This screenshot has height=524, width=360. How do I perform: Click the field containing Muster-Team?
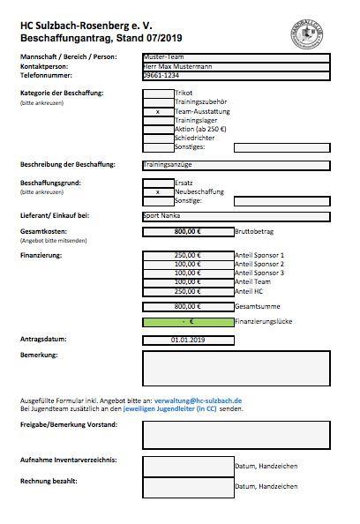[x=236, y=57]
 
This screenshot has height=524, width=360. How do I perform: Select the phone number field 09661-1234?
[x=236, y=76]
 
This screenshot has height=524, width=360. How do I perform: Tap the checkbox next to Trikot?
[x=158, y=93]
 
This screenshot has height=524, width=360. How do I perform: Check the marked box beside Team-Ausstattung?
[x=158, y=112]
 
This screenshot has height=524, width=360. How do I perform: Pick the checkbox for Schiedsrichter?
[x=158, y=138]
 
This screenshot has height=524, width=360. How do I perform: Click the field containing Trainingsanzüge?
[x=236, y=164]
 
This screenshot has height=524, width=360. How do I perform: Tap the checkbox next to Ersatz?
[x=158, y=182]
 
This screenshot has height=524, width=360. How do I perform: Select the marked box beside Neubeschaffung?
[x=158, y=191]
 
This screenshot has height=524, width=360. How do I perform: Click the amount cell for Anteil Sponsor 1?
[x=187, y=255]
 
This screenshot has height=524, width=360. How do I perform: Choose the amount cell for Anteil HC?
[x=187, y=290]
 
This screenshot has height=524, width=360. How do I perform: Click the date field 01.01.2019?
[x=187, y=340]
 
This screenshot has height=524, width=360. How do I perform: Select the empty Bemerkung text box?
[x=236, y=370]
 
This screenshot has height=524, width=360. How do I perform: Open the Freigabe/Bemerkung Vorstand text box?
[x=236, y=433]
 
